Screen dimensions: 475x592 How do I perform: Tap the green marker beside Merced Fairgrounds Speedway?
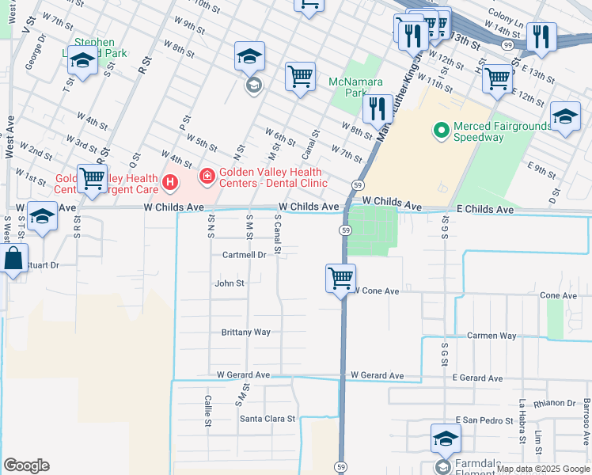coord(439,127)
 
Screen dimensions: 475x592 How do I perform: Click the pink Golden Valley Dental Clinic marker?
coord(207,176)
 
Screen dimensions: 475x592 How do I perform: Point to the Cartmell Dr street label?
coord(244,255)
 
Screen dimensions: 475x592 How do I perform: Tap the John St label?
coord(230,283)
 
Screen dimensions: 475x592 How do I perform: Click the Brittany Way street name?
coord(245,332)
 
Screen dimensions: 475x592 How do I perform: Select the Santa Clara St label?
coord(268,418)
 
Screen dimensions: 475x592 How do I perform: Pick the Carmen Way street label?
coord(491,336)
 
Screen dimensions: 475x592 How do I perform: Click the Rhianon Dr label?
coord(556,402)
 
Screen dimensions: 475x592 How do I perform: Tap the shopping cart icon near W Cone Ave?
coord(340,279)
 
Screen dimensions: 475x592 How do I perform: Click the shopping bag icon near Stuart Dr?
coord(14,258)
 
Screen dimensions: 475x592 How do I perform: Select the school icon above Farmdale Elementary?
coord(446,438)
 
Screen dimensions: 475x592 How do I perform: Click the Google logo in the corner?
coord(26,465)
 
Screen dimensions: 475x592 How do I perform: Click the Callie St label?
coord(207,411)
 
